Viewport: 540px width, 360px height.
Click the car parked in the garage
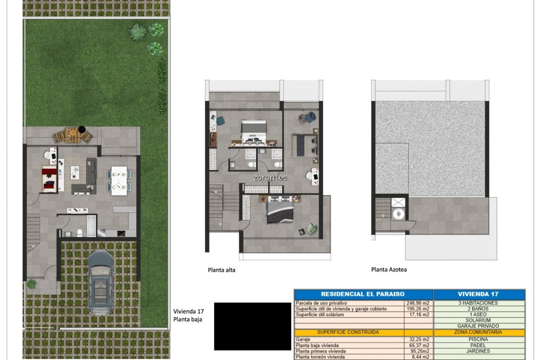pyautogui.click(x=101, y=282)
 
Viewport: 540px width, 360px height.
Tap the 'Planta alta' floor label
pyautogui.click(x=221, y=270)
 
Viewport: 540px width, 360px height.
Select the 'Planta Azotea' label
pyautogui.click(x=389, y=270)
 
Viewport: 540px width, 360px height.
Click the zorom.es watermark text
pyautogui.click(x=270, y=178)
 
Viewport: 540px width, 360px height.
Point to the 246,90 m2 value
pyautogui.click(x=418, y=303)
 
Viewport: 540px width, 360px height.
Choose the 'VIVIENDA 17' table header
pyautogui.click(x=478, y=294)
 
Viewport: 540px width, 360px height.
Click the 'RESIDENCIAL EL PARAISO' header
pyautogui.click(x=363, y=294)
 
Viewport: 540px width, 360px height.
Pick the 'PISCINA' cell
pyautogui.click(x=478, y=339)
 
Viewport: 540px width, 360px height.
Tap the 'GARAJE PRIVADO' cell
pyautogui.click(x=478, y=326)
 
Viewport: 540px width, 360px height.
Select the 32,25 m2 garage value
pyautogui.click(x=419, y=339)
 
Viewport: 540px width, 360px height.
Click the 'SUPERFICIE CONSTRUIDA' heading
pyautogui.click(x=348, y=332)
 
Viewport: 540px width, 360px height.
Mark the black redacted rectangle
pyautogui.click(x=252, y=326)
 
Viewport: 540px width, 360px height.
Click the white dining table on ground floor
pyautogui.click(x=119, y=180)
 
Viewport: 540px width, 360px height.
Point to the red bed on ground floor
pyautogui.click(x=49, y=179)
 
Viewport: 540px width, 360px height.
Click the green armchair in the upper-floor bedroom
pyautogui.click(x=311, y=228)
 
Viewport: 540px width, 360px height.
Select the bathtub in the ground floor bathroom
pyautogui.click(x=91, y=226)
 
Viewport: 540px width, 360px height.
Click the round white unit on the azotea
pyautogui.click(x=399, y=214)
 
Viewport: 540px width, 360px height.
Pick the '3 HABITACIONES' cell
pyautogui.click(x=478, y=303)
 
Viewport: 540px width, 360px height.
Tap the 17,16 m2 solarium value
pyautogui.click(x=419, y=315)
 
